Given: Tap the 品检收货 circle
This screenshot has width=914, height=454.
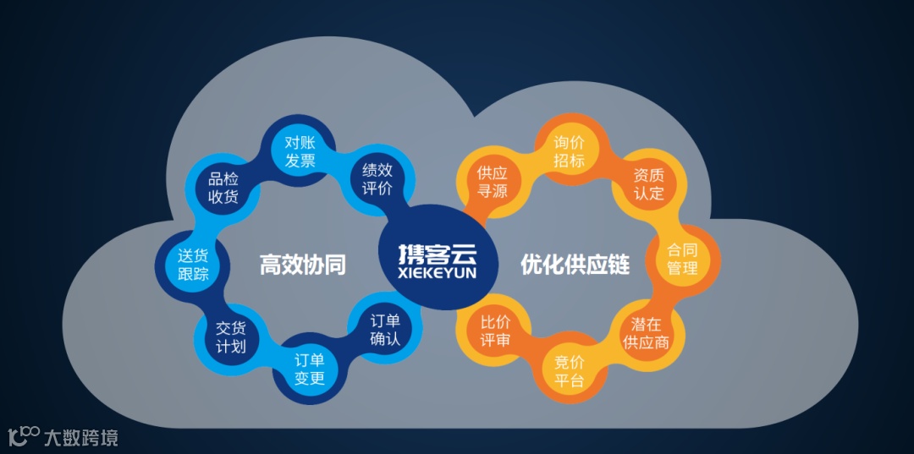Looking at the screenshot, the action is click(223, 188).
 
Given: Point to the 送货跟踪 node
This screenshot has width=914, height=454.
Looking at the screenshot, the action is click(193, 264).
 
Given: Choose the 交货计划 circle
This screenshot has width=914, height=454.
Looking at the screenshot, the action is click(231, 337).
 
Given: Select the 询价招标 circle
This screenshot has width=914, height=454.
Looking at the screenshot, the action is click(570, 150).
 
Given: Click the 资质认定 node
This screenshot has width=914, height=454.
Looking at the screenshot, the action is click(649, 183).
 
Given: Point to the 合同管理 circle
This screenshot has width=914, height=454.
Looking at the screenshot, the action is click(682, 259).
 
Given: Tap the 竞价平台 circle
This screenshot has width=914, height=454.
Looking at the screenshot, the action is click(570, 370).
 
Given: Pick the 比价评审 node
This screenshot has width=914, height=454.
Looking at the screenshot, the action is click(494, 331).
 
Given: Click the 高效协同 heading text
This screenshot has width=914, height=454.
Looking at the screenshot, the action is click(302, 265).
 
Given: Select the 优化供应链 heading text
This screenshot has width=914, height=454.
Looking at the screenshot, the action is click(575, 265).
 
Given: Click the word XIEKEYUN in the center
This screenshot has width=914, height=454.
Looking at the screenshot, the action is click(438, 273).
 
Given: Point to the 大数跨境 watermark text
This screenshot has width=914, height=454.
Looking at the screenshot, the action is click(81, 437).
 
